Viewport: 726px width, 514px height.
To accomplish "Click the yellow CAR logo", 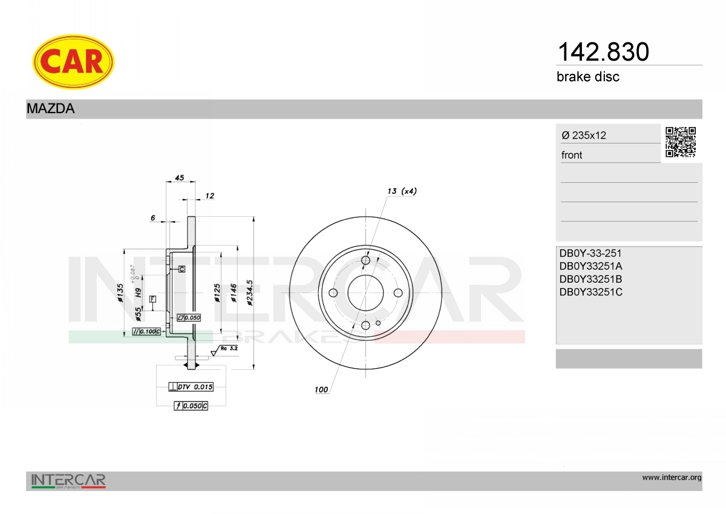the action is (x=73, y=61).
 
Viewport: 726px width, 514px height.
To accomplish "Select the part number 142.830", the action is (x=603, y=52).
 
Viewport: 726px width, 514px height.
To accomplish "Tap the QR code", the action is (x=681, y=142).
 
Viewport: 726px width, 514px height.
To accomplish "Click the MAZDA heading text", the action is (x=51, y=108).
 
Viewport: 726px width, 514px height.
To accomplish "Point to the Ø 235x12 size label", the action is (x=584, y=135).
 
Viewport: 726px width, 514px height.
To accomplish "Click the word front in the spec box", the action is (x=572, y=155).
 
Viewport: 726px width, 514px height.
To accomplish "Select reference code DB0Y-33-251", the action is (x=590, y=253).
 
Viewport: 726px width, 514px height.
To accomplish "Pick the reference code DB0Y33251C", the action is (x=591, y=292).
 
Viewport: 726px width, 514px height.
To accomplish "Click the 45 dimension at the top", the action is (x=180, y=178).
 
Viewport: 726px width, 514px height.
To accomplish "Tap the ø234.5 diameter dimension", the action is (x=249, y=292).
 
